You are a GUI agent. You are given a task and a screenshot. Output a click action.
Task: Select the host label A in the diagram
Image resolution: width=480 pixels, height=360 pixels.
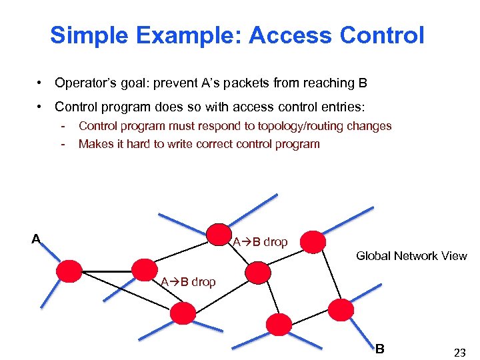click(36, 239)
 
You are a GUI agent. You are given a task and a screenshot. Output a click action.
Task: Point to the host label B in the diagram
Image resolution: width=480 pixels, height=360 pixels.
click(379, 348)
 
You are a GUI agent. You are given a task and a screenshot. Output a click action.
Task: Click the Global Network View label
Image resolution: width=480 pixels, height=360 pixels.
click(411, 256)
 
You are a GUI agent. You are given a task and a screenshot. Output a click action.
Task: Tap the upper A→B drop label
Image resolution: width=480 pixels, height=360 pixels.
click(260, 242)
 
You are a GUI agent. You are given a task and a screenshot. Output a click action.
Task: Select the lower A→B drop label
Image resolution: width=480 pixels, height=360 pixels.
click(188, 282)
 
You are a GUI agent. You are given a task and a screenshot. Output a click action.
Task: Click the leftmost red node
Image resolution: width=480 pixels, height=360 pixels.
click(69, 271)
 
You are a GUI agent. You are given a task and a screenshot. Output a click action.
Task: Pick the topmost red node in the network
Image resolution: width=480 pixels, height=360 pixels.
click(217, 234)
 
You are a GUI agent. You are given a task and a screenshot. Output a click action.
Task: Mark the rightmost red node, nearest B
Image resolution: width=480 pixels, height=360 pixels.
click(341, 309)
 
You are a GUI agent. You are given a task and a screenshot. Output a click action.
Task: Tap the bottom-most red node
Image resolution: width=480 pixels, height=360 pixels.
click(279, 324)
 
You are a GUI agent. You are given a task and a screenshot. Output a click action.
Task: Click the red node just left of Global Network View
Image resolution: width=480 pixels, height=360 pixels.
click(313, 242)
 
